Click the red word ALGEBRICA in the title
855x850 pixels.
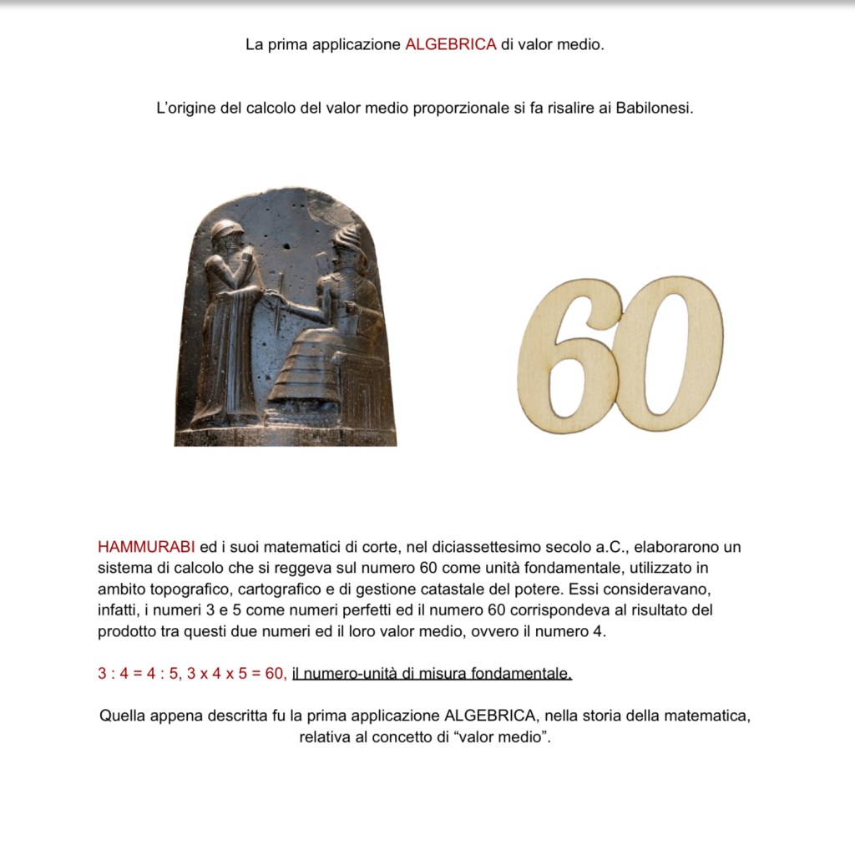coord(451,44)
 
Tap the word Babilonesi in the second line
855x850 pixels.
coord(655,109)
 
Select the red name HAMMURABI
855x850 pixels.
coord(146,548)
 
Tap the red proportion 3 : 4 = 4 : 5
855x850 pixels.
coord(139,674)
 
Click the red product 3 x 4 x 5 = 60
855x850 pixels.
coord(236,674)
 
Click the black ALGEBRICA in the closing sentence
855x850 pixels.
coord(489,716)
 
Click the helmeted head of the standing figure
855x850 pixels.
coord(226,231)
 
